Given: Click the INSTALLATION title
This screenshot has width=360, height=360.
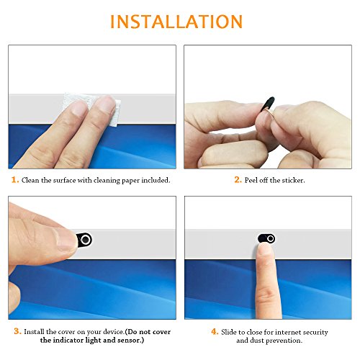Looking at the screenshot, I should [179, 21].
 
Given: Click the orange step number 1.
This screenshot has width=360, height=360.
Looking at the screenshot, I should [14, 180].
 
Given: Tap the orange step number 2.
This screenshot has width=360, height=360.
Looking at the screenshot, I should [238, 180].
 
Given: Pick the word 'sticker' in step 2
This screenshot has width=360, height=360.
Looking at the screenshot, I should [290, 180].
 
